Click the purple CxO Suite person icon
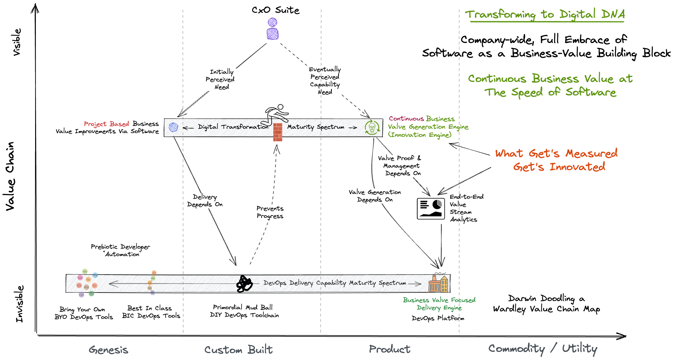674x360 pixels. (x=273, y=29)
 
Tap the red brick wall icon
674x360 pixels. (x=278, y=132)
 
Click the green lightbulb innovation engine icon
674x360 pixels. (x=372, y=127)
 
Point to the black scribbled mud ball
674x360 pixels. (x=244, y=284)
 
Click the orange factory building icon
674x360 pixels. (x=438, y=283)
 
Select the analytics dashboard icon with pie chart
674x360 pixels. (x=431, y=208)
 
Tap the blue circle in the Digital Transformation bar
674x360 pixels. (x=173, y=127)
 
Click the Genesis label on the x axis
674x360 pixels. (x=109, y=350)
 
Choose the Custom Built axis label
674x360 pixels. (x=238, y=350)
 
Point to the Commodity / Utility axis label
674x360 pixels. (x=543, y=348)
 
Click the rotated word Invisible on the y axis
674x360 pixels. (x=20, y=304)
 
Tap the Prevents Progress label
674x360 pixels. (x=270, y=212)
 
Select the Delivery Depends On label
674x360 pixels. (x=205, y=201)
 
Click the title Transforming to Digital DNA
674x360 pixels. (x=545, y=14)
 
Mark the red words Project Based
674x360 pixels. (x=106, y=124)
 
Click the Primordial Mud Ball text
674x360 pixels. (x=242, y=307)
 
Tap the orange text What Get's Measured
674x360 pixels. (x=556, y=153)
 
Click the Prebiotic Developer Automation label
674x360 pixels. (x=120, y=250)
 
